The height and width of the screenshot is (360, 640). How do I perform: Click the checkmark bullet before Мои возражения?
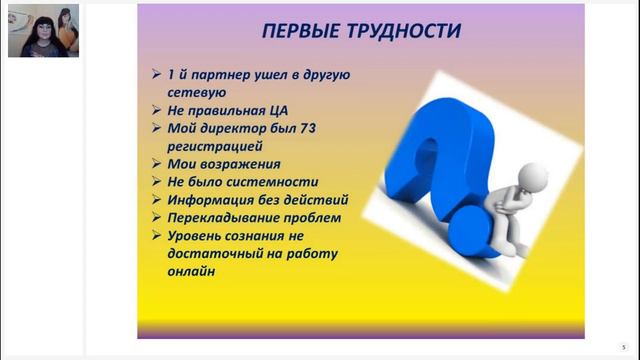tap(154, 164)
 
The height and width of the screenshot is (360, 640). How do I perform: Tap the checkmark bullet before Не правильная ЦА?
tap(154, 111)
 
